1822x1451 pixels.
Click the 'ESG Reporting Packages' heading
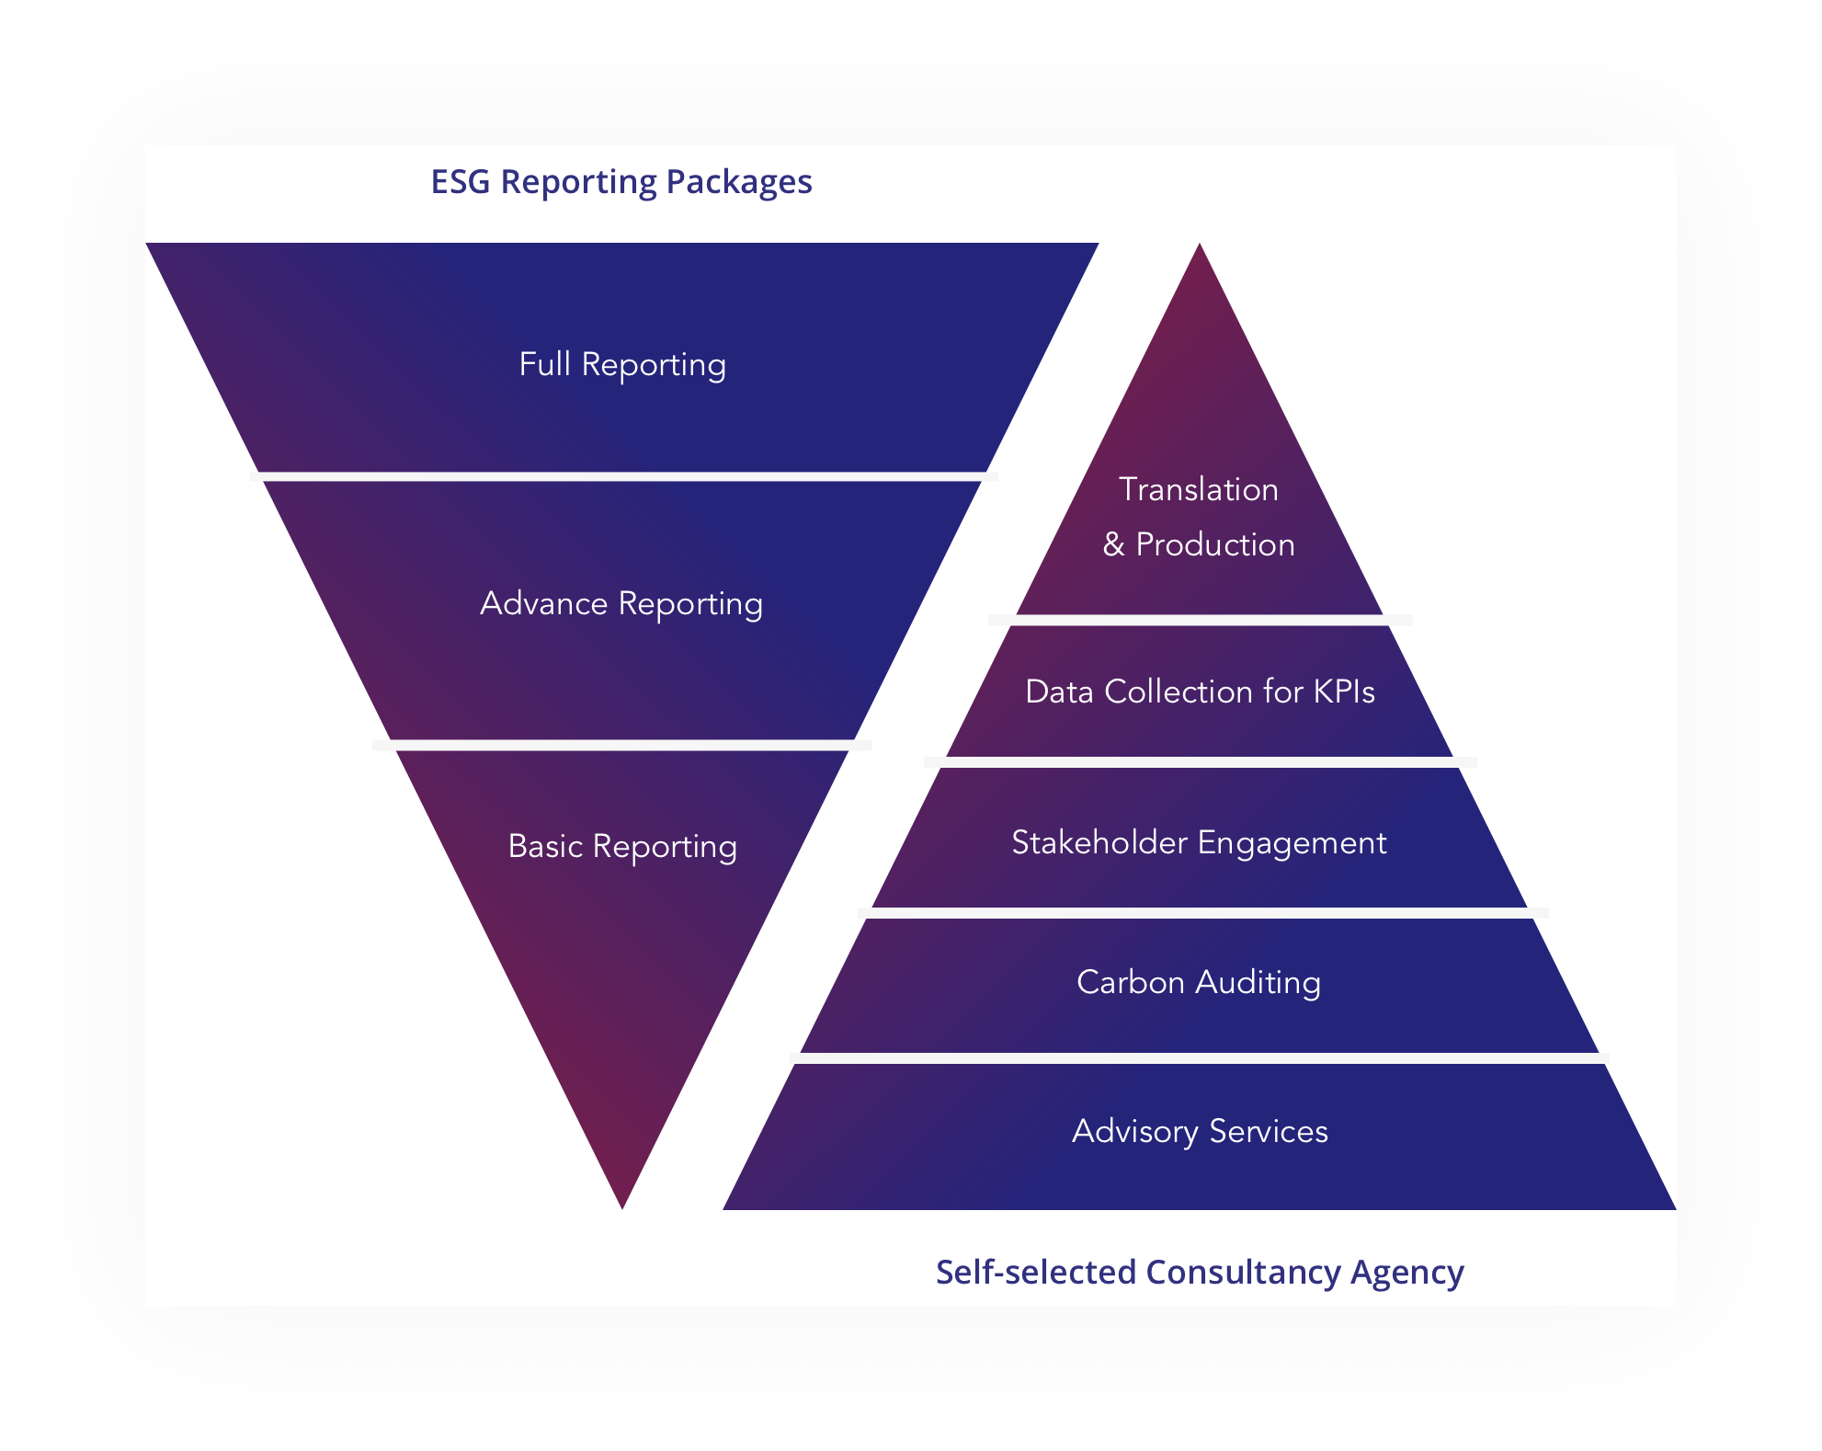coord(621,182)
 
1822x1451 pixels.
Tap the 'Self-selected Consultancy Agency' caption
coord(1199,1272)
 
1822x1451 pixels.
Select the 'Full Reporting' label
coord(622,364)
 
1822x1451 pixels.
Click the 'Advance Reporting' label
coord(621,603)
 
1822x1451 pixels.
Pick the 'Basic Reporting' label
coord(622,846)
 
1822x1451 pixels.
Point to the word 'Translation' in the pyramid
coord(1198,489)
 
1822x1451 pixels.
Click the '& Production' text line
coord(1198,544)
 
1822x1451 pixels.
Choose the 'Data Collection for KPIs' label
coord(1200,691)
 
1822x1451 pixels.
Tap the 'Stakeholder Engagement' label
coord(1199,842)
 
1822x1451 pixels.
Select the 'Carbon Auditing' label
coord(1199,982)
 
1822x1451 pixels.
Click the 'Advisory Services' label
coord(1200,1131)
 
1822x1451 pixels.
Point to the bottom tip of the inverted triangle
coord(622,1203)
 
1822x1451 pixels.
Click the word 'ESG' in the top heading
coord(461,182)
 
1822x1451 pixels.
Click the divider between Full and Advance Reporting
coord(623,476)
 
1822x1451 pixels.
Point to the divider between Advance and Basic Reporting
coord(622,745)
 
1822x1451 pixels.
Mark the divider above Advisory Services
coord(1199,1058)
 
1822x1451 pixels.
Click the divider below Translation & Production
coord(1200,621)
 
